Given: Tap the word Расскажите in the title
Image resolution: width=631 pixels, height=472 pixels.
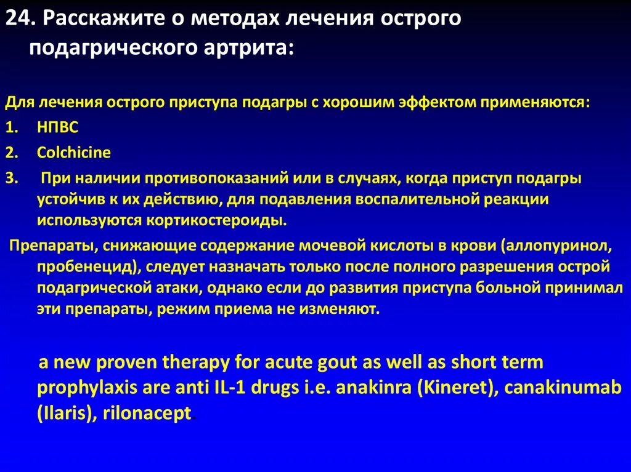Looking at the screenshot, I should click(x=108, y=19).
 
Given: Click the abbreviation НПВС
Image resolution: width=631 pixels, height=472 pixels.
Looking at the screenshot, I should click(x=58, y=127).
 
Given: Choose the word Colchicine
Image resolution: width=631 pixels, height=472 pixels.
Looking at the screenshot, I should click(x=74, y=153).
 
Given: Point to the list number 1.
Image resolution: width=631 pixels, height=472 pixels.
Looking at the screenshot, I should click(x=12, y=127).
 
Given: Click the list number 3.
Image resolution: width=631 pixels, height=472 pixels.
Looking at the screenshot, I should click(x=12, y=178).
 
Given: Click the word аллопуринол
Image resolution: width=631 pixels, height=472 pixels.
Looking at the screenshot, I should click(x=558, y=246).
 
